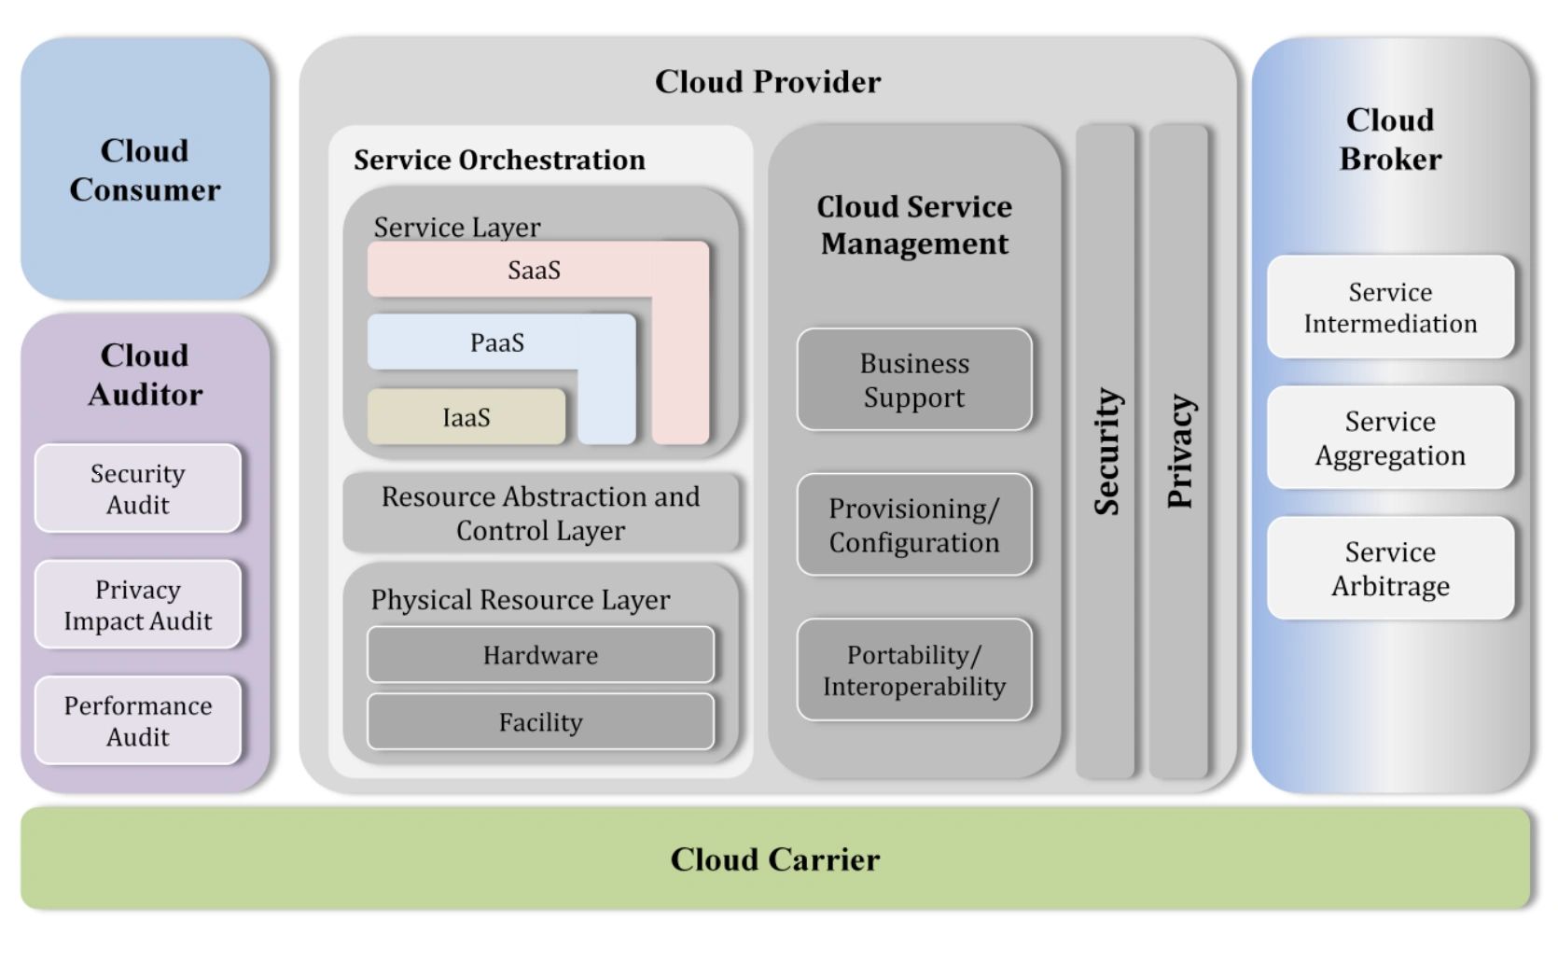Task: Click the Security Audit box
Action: click(138, 489)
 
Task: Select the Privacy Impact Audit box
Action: click(138, 605)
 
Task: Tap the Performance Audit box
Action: click(138, 720)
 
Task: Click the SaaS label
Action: click(534, 271)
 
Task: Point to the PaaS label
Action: click(496, 343)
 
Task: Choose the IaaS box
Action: click(466, 417)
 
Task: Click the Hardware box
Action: click(540, 655)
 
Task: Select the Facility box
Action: click(540, 722)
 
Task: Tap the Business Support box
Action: click(914, 380)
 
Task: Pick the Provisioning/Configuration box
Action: click(914, 525)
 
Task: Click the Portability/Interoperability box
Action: click(914, 670)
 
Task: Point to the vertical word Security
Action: click(1106, 452)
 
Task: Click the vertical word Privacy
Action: click(1180, 452)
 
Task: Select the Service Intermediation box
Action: click(1390, 307)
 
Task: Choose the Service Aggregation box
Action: click(1390, 438)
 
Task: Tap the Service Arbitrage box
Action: click(1390, 568)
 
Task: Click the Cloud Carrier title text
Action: click(774, 859)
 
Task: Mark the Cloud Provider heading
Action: click(768, 82)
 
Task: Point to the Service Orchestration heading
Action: click(499, 160)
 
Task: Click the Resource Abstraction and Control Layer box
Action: click(540, 513)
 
